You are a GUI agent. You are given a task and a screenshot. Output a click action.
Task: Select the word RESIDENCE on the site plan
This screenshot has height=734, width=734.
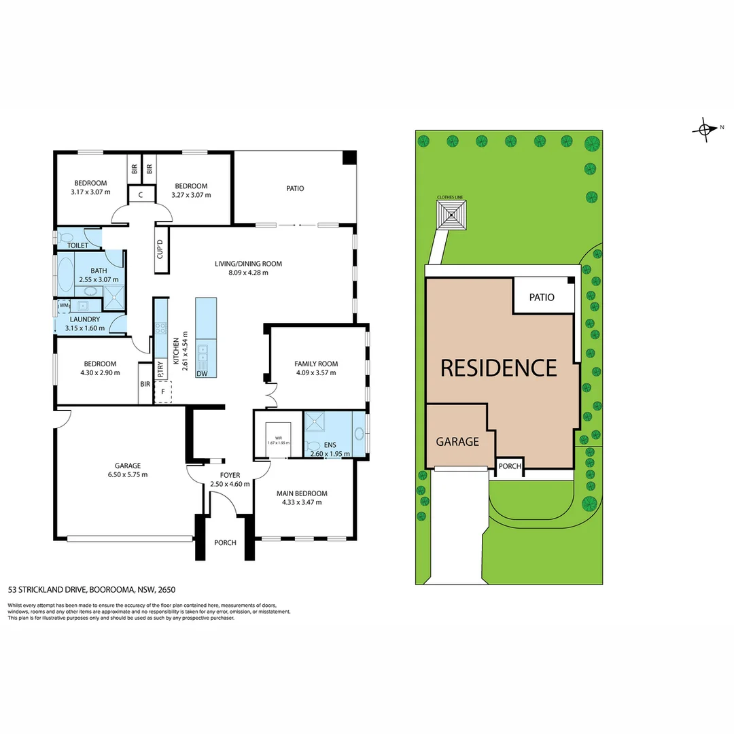click(x=499, y=368)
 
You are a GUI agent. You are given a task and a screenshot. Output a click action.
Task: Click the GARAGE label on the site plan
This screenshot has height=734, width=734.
click(x=457, y=442)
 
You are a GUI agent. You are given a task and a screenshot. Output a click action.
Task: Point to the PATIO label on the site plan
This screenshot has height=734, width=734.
click(x=540, y=298)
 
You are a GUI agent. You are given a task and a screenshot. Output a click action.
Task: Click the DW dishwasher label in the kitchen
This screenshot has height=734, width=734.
click(x=201, y=374)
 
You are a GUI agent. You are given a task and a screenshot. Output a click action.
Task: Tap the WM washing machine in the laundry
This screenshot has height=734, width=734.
click(x=63, y=307)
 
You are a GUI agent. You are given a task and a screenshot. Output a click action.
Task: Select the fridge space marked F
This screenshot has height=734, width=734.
click(x=162, y=392)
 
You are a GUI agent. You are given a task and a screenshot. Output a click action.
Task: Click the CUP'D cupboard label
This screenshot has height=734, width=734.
click(x=160, y=249)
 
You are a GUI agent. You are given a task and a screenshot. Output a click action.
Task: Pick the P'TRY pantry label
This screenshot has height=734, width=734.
click(x=160, y=369)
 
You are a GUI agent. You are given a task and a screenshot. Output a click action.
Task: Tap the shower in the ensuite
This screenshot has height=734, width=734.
click(x=315, y=423)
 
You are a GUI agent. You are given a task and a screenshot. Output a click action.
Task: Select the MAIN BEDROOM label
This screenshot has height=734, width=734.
click(x=302, y=493)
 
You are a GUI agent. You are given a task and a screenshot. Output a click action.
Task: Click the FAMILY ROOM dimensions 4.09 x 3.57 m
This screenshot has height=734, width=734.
click(x=317, y=372)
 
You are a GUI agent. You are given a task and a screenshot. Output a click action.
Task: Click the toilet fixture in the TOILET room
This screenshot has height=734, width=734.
click(x=66, y=239)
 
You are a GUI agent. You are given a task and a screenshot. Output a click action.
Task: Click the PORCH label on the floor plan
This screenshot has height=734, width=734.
click(x=225, y=543)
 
